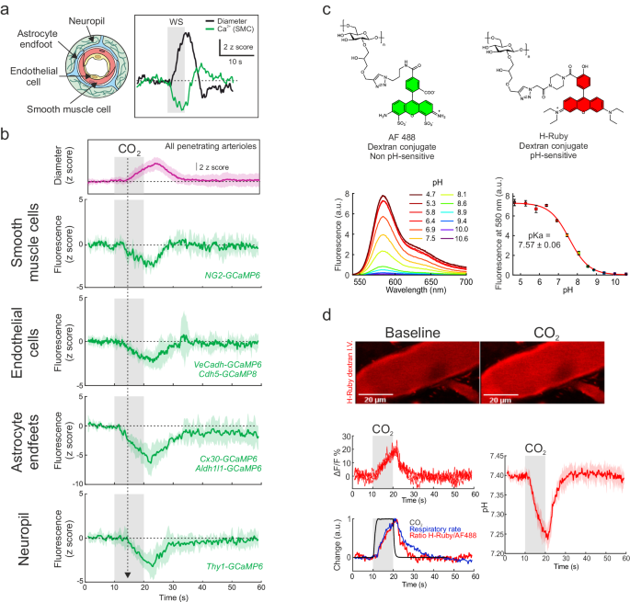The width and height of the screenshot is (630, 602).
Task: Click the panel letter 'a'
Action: tap(6, 8)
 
